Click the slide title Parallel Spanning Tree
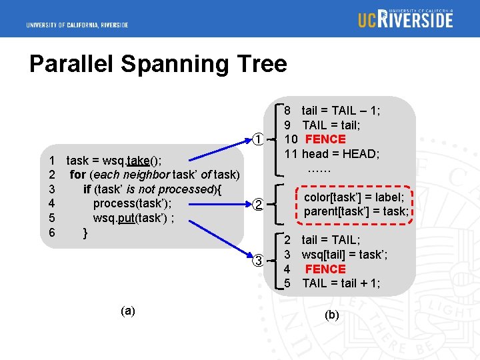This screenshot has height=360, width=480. pyautogui.click(x=158, y=64)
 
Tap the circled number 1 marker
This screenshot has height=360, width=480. pyautogui.click(x=258, y=139)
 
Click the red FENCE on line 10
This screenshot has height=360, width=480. pyautogui.click(x=325, y=139)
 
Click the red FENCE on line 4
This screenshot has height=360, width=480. pyautogui.click(x=325, y=269)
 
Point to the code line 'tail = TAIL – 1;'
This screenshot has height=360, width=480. pyautogui.click(x=341, y=110)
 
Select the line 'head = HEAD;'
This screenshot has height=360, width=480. pyautogui.click(x=341, y=154)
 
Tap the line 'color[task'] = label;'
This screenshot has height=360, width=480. pyautogui.click(x=354, y=197)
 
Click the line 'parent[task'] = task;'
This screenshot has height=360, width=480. pyautogui.click(x=356, y=211)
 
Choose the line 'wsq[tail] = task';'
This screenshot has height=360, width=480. pyautogui.click(x=345, y=254)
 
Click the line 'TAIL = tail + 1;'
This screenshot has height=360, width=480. pyautogui.click(x=341, y=283)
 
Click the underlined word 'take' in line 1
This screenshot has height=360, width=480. pyautogui.click(x=138, y=160)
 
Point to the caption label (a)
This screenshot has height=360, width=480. pyautogui.click(x=128, y=311)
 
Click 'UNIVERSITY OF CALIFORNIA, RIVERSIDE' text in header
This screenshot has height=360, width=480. pyautogui.click(x=77, y=25)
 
